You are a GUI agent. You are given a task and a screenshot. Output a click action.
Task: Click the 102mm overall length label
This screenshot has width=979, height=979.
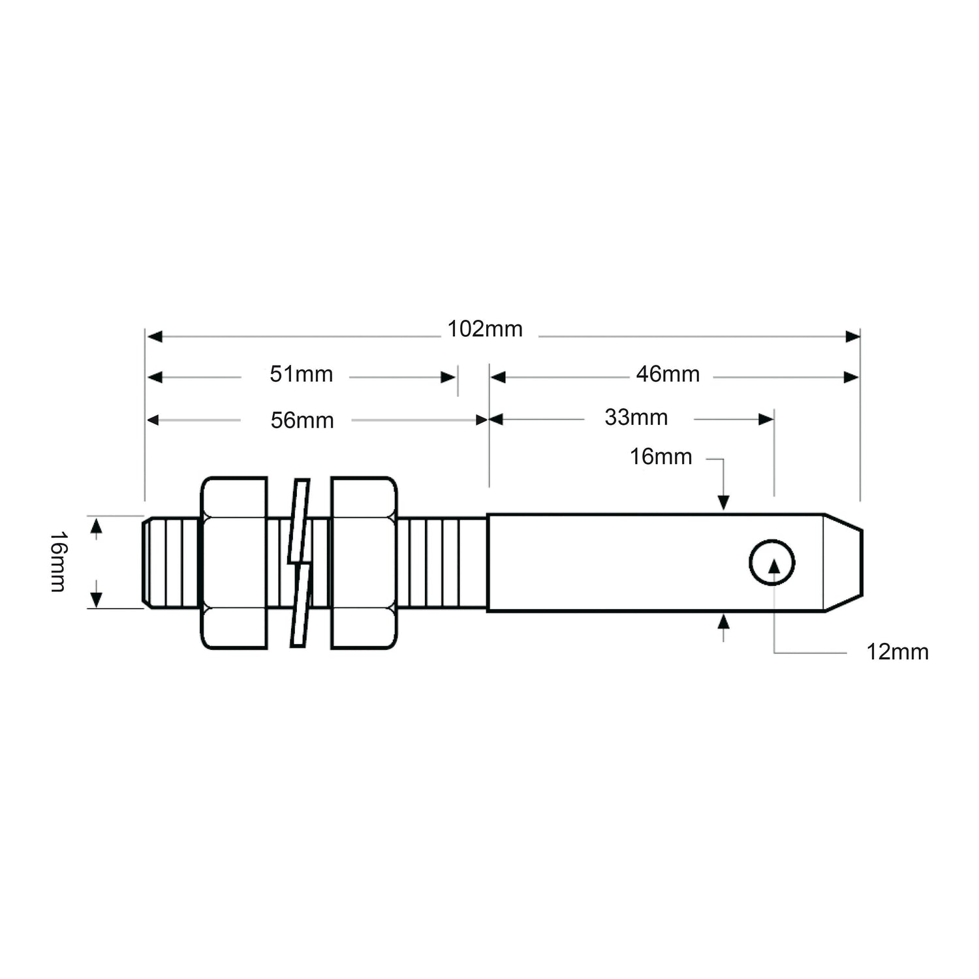pyautogui.click(x=485, y=330)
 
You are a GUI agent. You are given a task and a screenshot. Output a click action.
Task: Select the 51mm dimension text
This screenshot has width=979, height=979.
pyautogui.click(x=302, y=375)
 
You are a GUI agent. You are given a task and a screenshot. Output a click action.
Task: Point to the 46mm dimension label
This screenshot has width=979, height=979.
pyautogui.click(x=668, y=375)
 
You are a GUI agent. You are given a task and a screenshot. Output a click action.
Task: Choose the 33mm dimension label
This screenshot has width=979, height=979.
pyautogui.click(x=636, y=418)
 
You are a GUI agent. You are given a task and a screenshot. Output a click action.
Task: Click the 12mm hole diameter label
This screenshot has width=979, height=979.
pyautogui.click(x=897, y=652)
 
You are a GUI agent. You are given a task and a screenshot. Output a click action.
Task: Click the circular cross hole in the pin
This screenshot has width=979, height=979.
pyautogui.click(x=772, y=563)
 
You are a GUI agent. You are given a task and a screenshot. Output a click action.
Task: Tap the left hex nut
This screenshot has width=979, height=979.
pyautogui.click(x=234, y=563)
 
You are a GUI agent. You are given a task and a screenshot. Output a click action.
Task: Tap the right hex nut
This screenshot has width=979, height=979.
pyautogui.click(x=364, y=563)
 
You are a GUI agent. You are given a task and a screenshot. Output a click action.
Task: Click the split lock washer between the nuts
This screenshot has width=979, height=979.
pyautogui.click(x=299, y=563)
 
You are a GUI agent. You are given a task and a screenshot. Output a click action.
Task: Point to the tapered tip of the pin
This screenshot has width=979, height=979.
pyautogui.click(x=843, y=563)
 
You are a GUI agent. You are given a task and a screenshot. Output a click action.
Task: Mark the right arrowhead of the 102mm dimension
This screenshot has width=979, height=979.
pyautogui.click(x=852, y=337)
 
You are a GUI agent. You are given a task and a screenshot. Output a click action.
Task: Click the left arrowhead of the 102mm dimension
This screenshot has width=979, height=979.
pyautogui.click(x=154, y=337)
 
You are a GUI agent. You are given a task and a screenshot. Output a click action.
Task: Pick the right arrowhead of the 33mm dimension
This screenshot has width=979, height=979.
pyautogui.click(x=766, y=420)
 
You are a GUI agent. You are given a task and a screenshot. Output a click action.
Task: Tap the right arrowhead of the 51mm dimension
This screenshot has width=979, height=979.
pyautogui.click(x=448, y=377)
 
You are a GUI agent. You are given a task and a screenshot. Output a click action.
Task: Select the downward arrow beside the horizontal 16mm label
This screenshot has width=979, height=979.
pyautogui.click(x=723, y=502)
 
